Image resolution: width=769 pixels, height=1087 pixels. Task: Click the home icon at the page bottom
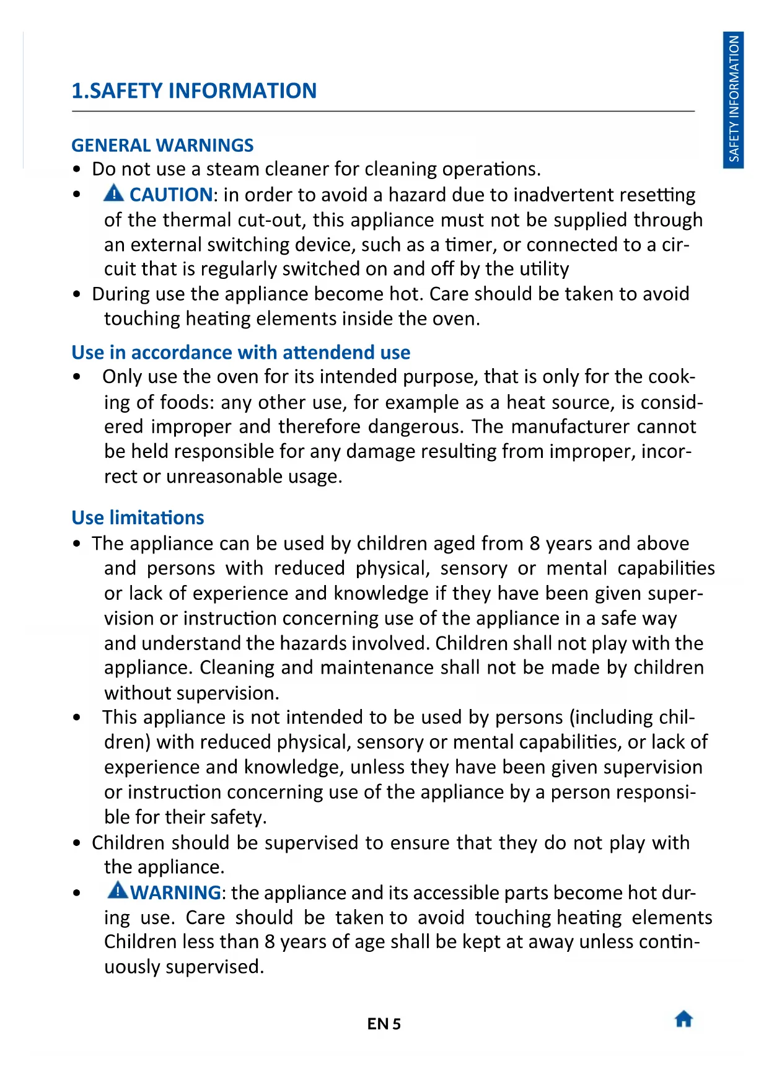(683, 1019)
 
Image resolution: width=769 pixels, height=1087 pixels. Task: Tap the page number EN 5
(384, 1024)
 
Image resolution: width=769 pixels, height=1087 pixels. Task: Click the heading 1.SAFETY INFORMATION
(194, 91)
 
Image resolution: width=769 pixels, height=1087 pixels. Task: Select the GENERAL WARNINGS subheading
(162, 145)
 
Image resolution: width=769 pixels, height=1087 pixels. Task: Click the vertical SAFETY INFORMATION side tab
(734, 99)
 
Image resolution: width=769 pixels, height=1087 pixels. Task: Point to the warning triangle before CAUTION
(114, 193)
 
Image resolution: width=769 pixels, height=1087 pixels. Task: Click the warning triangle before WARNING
(117, 891)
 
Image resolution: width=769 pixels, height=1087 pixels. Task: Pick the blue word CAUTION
(171, 195)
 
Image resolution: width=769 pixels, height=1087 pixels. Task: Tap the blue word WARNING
(175, 892)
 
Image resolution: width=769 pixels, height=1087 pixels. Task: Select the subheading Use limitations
(138, 517)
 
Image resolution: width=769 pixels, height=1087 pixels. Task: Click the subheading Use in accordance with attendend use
(240, 352)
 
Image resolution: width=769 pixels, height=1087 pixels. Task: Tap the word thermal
(196, 220)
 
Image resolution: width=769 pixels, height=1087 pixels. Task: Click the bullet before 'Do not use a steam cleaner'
(77, 170)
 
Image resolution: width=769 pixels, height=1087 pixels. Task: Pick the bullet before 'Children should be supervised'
(77, 843)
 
